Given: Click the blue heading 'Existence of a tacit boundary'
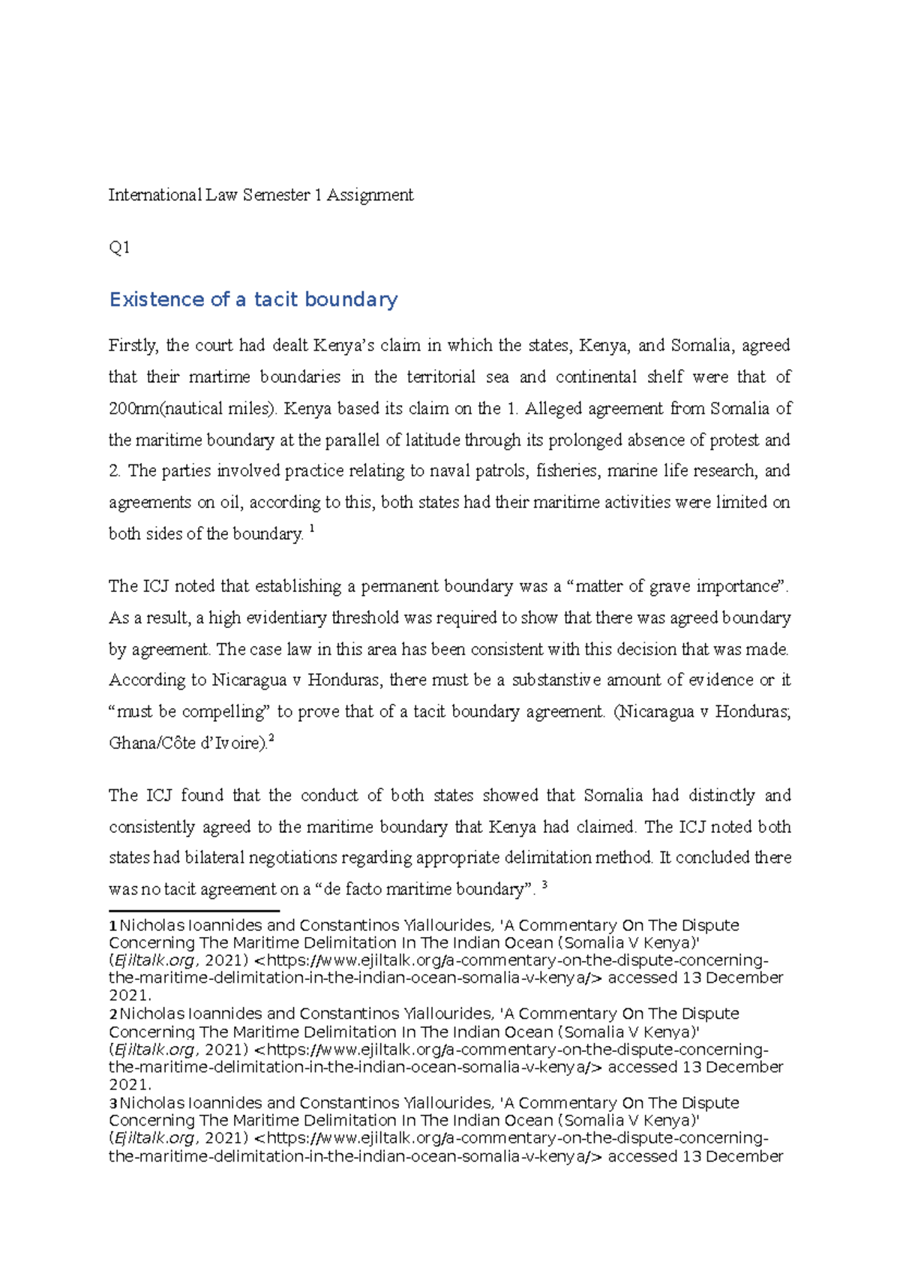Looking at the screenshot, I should pyautogui.click(x=253, y=300).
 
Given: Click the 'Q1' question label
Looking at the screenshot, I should pyautogui.click(x=119, y=248).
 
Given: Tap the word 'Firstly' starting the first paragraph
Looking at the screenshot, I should pyautogui.click(x=133, y=346).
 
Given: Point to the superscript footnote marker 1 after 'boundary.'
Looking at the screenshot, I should pyautogui.click(x=312, y=530).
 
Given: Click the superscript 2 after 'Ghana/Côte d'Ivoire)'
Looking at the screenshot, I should pyautogui.click(x=271, y=739).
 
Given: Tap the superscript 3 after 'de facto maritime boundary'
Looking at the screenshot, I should pyautogui.click(x=544, y=885).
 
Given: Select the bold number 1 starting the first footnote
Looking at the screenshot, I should pyautogui.click(x=112, y=926).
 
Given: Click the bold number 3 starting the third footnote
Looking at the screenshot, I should pyautogui.click(x=112, y=1104).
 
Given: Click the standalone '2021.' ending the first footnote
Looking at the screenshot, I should pyautogui.click(x=130, y=996).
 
